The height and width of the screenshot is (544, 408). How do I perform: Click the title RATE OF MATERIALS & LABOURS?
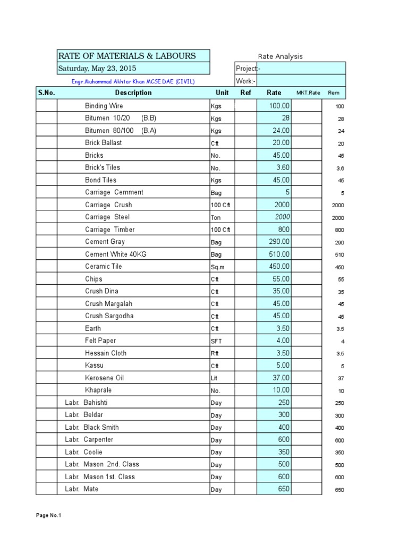pyautogui.click(x=126, y=56)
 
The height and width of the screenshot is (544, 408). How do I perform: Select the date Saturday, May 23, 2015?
pyautogui.click(x=97, y=68)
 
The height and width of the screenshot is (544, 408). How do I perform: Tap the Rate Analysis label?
pyautogui.click(x=280, y=56)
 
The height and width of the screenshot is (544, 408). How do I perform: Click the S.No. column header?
pyautogui.click(x=46, y=92)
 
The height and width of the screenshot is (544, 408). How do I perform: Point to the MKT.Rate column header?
pyautogui.click(x=308, y=93)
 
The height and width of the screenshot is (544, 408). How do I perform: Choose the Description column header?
pyautogui.click(x=133, y=92)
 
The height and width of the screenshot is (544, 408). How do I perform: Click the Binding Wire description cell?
pyautogui.click(x=104, y=106)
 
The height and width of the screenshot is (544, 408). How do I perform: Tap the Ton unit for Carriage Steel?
pyautogui.click(x=216, y=218)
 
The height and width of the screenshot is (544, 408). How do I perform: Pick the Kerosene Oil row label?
pyautogui.click(x=104, y=378)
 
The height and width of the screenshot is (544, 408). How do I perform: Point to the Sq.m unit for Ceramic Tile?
pyautogui.click(x=218, y=267)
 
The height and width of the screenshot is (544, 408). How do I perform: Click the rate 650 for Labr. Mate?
pyautogui.click(x=282, y=489)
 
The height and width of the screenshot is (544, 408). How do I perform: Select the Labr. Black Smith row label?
pyautogui.click(x=92, y=427)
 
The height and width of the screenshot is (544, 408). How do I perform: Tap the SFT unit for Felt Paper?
pyautogui.click(x=216, y=341)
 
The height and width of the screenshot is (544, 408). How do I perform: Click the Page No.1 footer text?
pyautogui.click(x=49, y=515)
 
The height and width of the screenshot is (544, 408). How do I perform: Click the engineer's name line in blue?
pyautogui.click(x=133, y=81)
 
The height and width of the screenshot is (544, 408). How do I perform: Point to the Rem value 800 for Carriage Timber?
pyautogui.click(x=339, y=231)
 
